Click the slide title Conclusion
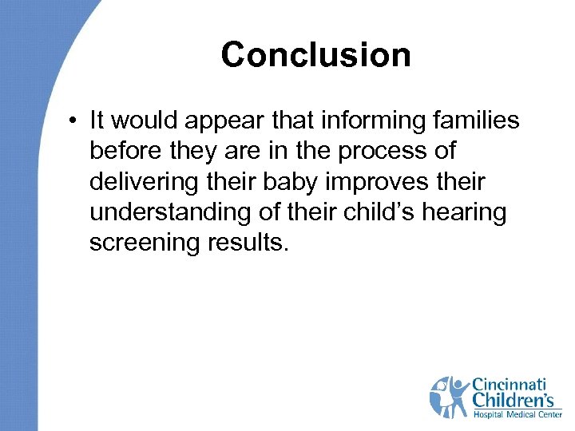pos(315,55)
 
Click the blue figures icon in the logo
pos(450,397)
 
